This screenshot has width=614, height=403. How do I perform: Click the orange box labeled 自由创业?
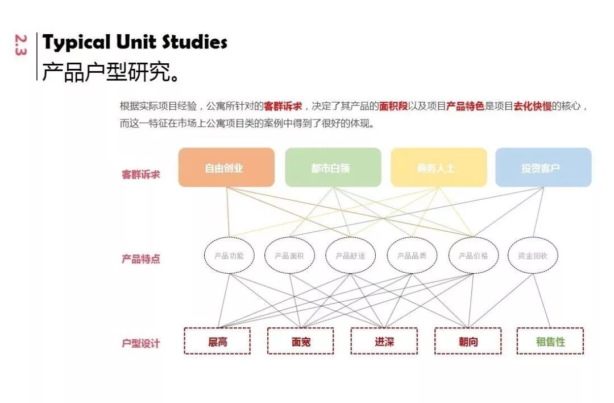(x=226, y=167)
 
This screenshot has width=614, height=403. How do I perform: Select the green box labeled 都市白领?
(x=333, y=167)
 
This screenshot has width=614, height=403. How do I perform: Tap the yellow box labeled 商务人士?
(x=438, y=167)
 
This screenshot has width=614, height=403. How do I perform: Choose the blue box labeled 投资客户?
(x=543, y=167)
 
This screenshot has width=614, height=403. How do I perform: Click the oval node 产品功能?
(x=229, y=256)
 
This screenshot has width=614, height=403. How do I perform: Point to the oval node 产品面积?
(x=289, y=256)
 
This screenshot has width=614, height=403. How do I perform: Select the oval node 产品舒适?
(x=350, y=256)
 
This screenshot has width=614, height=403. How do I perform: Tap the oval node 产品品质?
(x=412, y=256)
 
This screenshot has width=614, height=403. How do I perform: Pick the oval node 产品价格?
(x=473, y=256)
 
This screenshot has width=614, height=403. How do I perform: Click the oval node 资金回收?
(x=533, y=256)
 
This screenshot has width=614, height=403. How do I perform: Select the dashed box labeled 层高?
(x=217, y=342)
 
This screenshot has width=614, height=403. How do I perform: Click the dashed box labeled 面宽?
(x=301, y=342)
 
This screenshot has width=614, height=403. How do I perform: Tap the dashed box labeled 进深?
(x=384, y=342)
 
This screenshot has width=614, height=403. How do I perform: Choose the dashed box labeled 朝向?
(x=468, y=342)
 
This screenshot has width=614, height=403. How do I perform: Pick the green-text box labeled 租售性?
(x=550, y=342)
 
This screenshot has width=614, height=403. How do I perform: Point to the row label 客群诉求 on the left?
(x=141, y=174)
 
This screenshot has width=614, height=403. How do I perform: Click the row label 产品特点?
(x=141, y=259)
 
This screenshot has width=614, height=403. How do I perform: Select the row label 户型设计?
(x=141, y=344)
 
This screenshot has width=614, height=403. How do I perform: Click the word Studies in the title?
(x=194, y=42)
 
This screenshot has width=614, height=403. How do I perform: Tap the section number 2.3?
(x=21, y=46)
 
